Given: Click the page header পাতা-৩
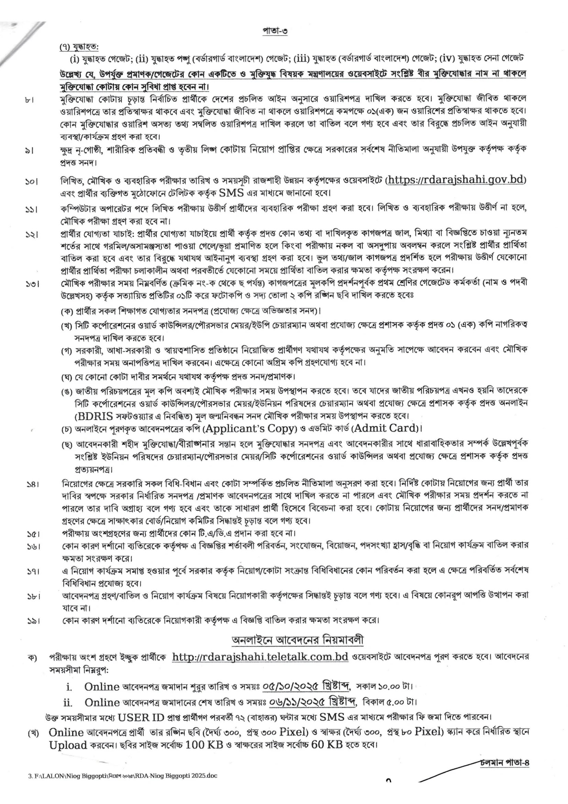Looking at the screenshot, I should click(275, 31).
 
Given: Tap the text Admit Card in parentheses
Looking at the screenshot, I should click(387, 428).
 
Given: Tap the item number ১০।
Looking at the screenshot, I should click(32, 181).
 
